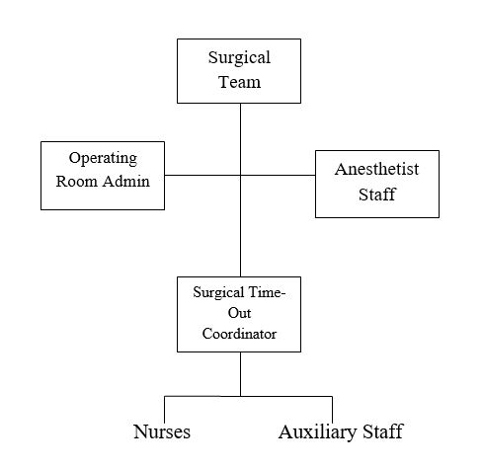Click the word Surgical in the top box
click(239, 58)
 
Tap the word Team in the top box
click(239, 82)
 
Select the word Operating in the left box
click(103, 159)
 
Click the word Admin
click(126, 182)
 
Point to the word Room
click(77, 182)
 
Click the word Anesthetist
click(377, 169)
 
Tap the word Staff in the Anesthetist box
click(377, 195)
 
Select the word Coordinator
click(239, 334)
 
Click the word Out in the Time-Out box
click(239, 313)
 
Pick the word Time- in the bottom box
click(267, 292)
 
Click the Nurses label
click(162, 431)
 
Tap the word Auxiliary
click(317, 432)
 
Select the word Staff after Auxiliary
click(383, 431)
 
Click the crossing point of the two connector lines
click(240, 175)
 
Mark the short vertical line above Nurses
click(164, 410)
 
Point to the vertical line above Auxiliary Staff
click(332, 410)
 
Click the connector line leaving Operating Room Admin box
click(202, 175)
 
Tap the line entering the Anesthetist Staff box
click(278, 175)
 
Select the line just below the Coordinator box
click(240, 374)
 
